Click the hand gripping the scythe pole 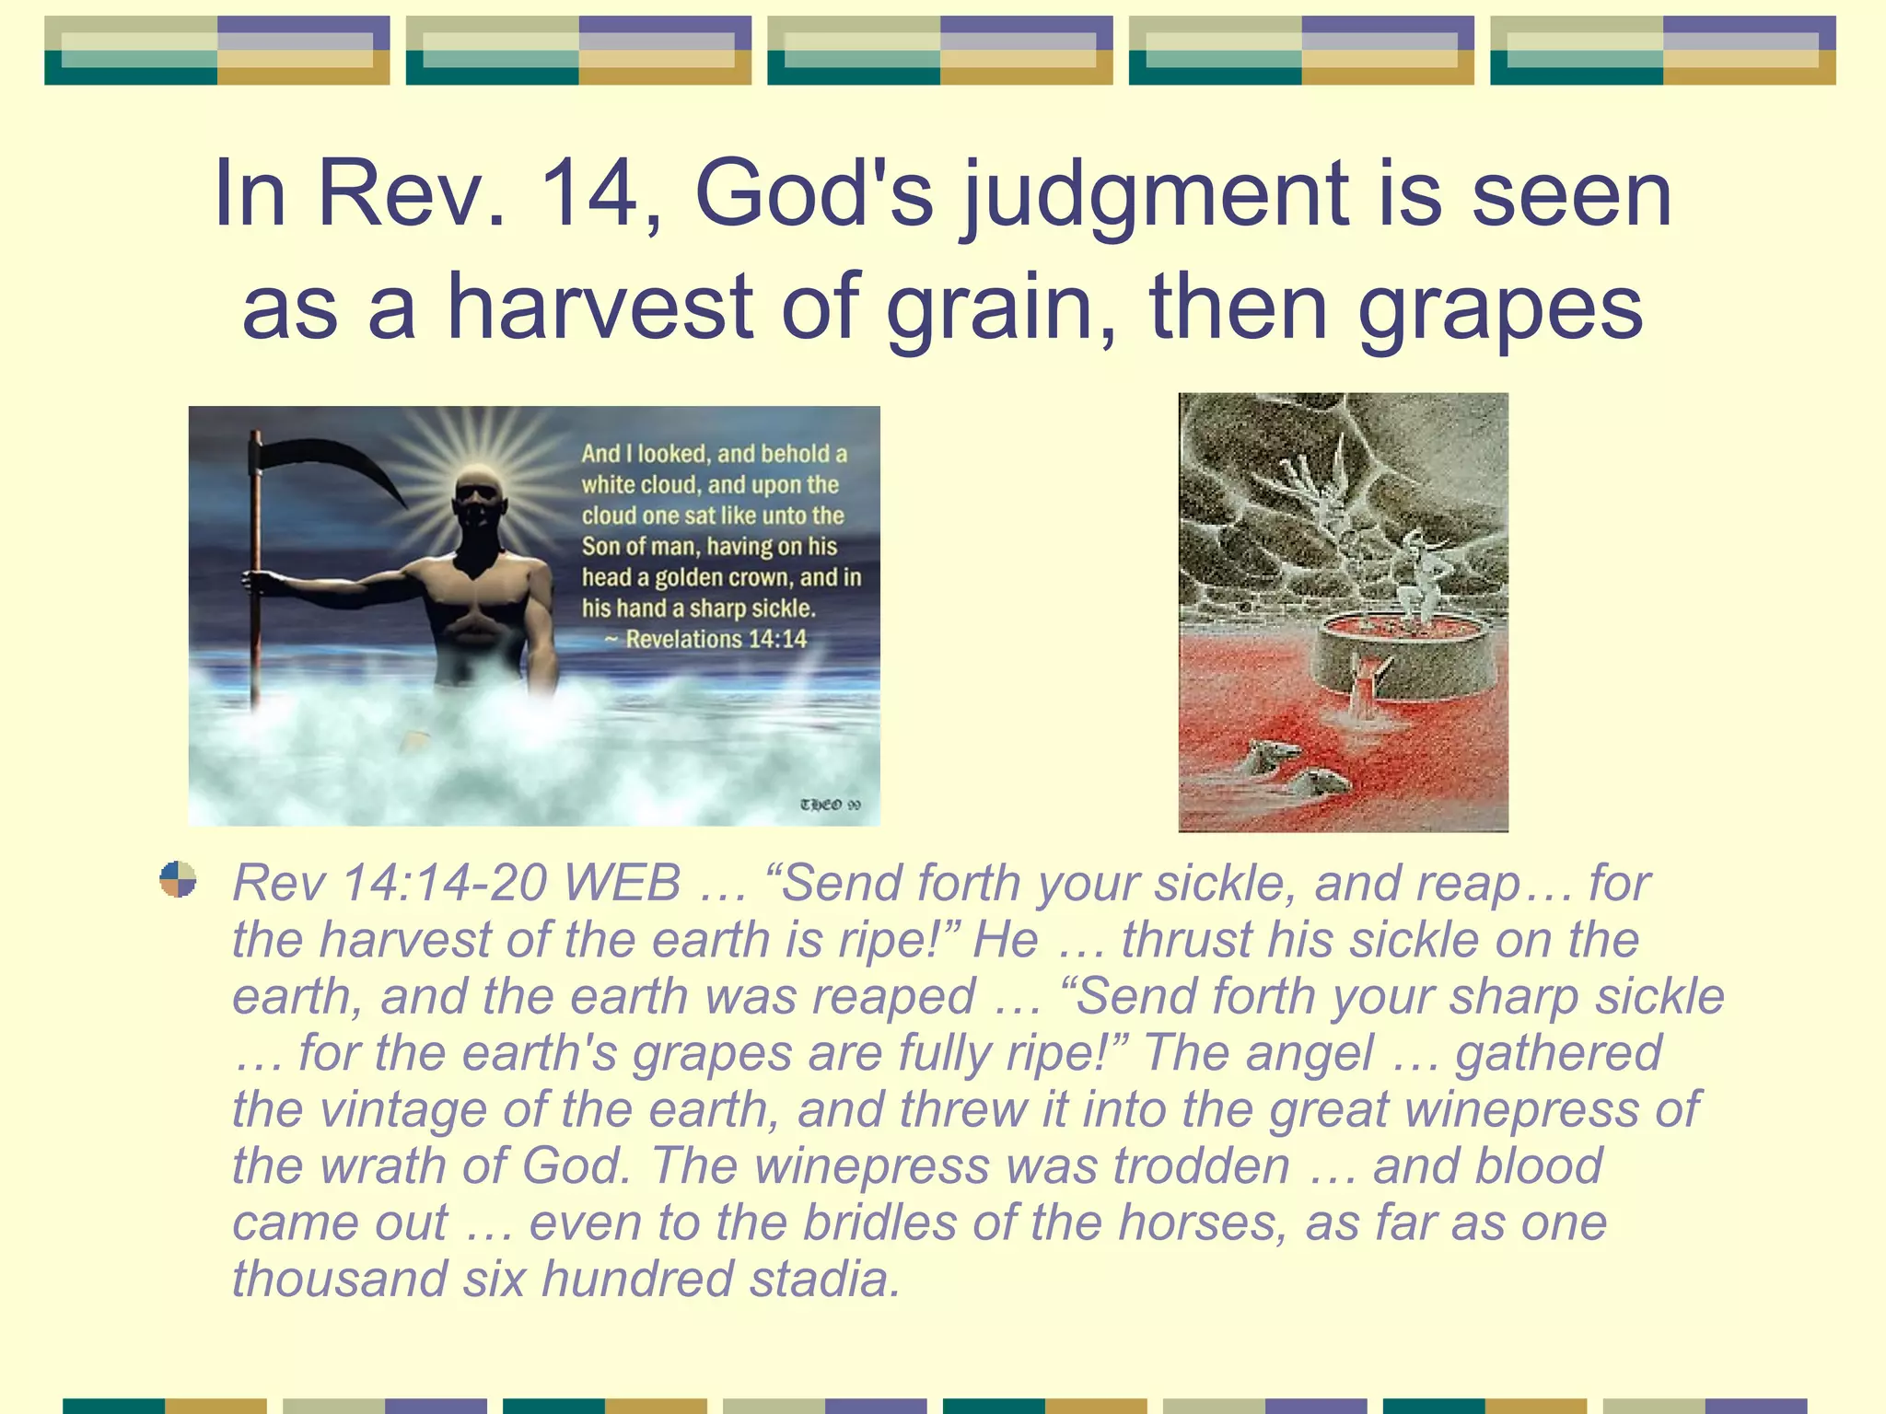[x=261, y=581]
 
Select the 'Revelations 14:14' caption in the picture [x=716, y=640]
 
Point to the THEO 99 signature [x=830, y=805]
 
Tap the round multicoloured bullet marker [x=178, y=878]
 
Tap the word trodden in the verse [x=1202, y=1166]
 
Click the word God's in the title [x=814, y=194]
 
